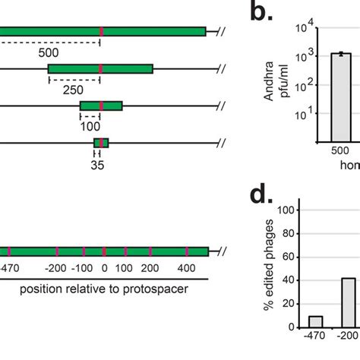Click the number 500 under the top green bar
tap(49, 52)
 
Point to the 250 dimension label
tap(74, 90)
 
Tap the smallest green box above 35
tap(101, 143)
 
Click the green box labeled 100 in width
tap(101, 106)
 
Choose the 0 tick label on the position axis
tap(104, 268)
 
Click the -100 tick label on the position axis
tap(81, 268)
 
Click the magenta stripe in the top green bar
tap(102, 31)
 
